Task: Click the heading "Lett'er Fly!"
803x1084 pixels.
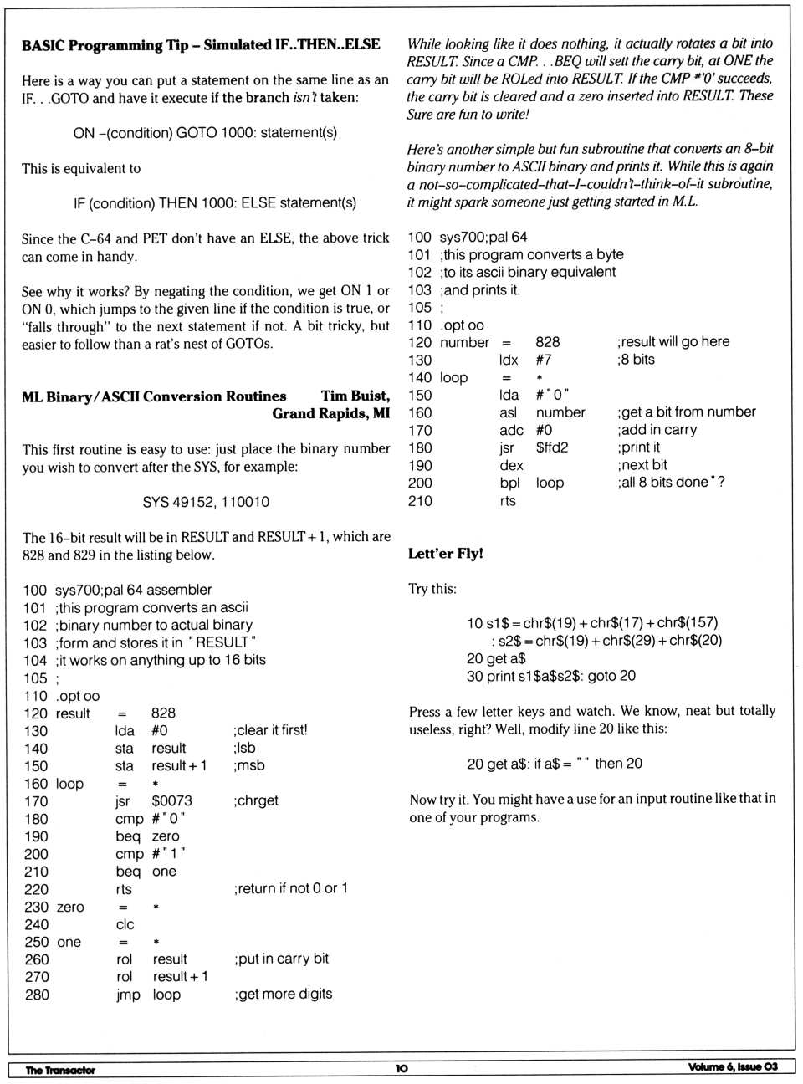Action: click(x=445, y=554)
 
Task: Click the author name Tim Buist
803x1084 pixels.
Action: click(x=355, y=396)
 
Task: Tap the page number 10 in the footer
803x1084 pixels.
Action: click(x=401, y=1068)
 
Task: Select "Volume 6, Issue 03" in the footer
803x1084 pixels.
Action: click(x=733, y=1066)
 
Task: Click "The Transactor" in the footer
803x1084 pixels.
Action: click(x=60, y=1070)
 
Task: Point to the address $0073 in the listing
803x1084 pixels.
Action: click(x=171, y=801)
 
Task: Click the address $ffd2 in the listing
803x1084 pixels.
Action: click(x=552, y=448)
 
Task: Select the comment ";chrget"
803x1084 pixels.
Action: click(x=256, y=801)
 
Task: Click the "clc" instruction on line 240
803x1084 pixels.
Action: click(x=125, y=925)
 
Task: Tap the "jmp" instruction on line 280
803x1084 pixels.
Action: click(x=128, y=995)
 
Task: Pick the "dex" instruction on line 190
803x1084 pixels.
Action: click(x=511, y=466)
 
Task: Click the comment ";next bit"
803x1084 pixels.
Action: click(x=642, y=466)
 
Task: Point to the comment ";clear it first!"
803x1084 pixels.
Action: click(x=270, y=731)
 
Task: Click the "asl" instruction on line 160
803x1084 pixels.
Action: click(x=509, y=413)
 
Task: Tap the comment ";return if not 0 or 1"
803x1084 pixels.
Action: click(x=290, y=889)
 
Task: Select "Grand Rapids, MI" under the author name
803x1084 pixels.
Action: click(x=330, y=414)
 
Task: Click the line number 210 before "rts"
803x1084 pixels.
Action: click(x=420, y=502)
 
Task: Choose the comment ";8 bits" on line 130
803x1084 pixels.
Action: click(x=636, y=360)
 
